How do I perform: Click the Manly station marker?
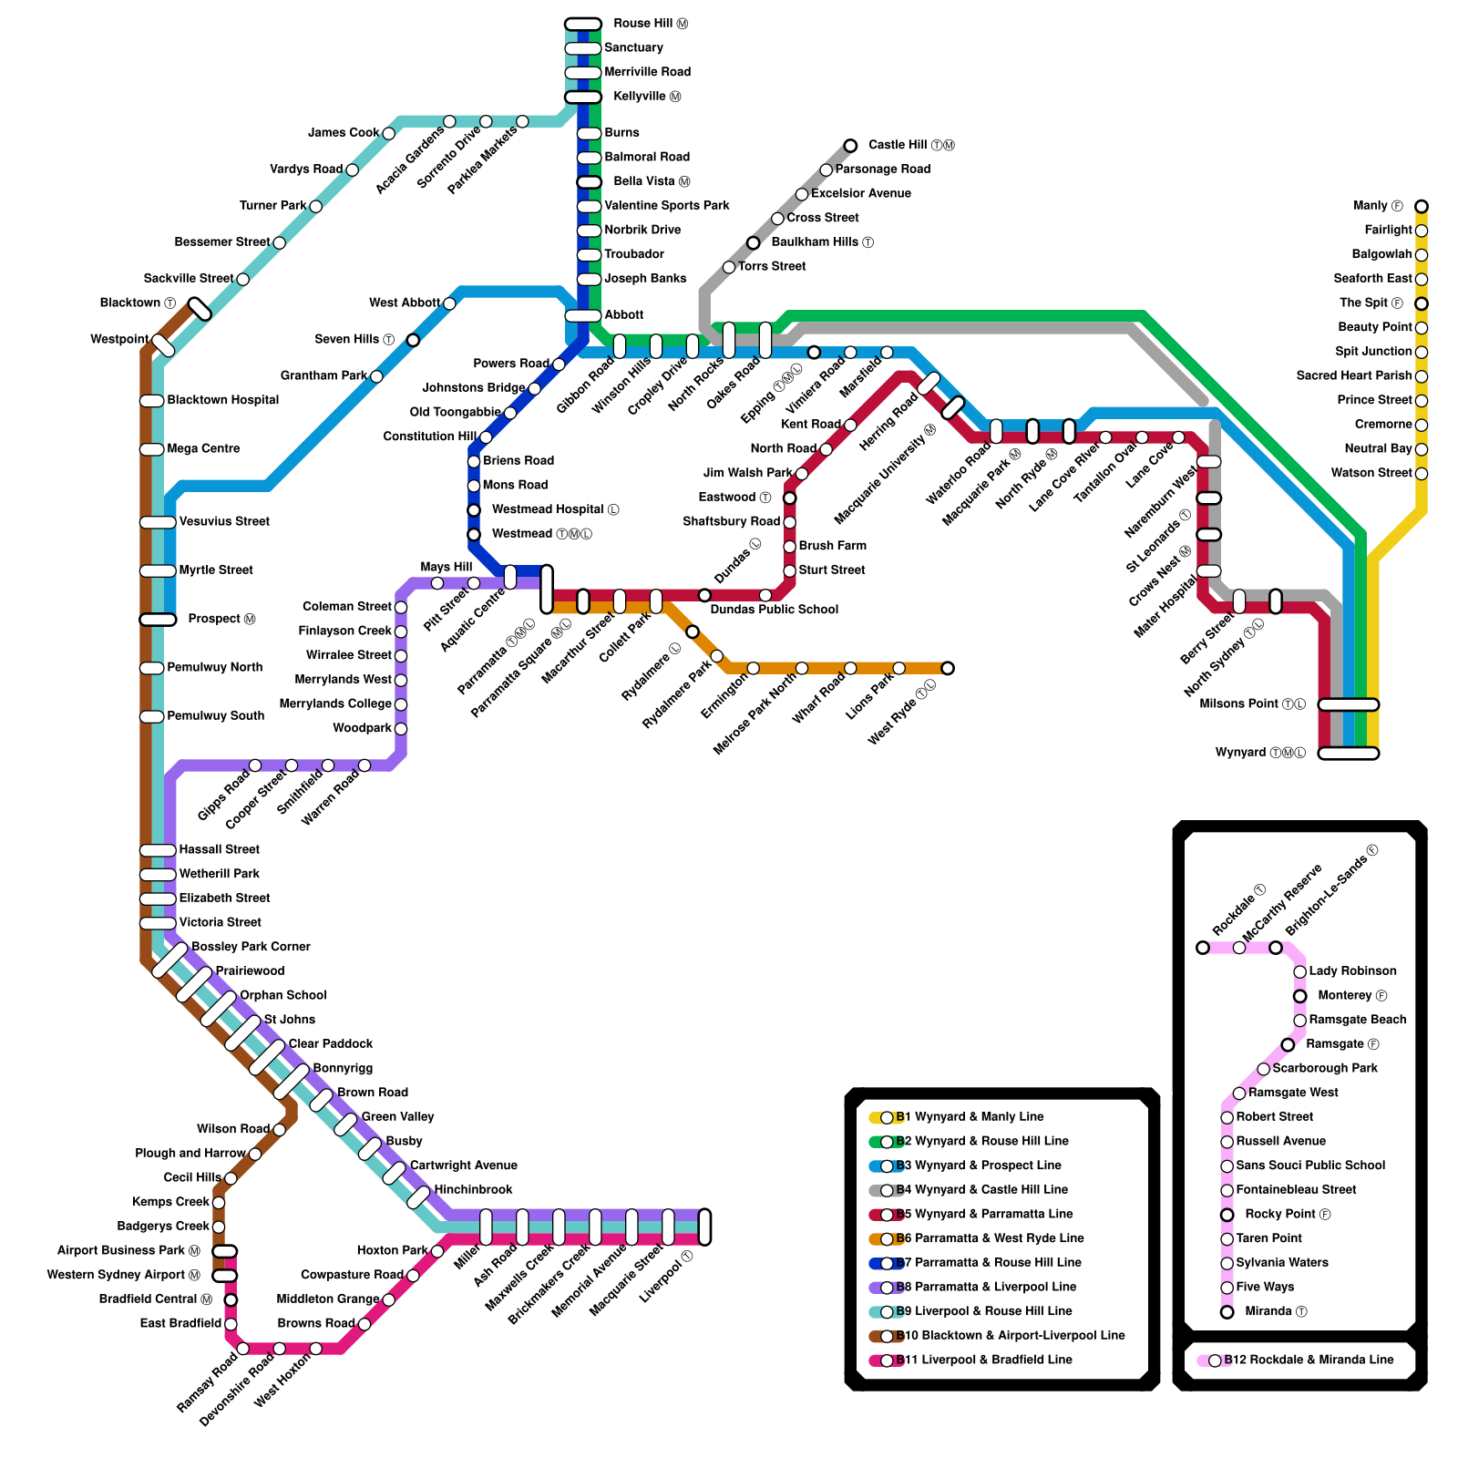click(x=1421, y=207)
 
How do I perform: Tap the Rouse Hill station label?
click(x=650, y=24)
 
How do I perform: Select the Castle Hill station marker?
click(x=850, y=146)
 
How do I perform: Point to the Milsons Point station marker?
click(x=1348, y=704)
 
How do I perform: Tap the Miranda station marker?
click(x=1227, y=1312)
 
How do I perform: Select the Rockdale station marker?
click(x=1203, y=948)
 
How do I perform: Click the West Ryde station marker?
click(x=948, y=669)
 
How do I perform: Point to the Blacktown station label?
click(x=138, y=303)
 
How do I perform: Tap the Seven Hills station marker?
click(x=413, y=340)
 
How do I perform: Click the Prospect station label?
click(x=221, y=620)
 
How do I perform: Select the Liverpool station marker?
click(x=704, y=1227)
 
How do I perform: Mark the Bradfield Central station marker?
click(x=231, y=1299)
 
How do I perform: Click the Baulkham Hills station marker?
click(x=753, y=242)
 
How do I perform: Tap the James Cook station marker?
click(x=388, y=134)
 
